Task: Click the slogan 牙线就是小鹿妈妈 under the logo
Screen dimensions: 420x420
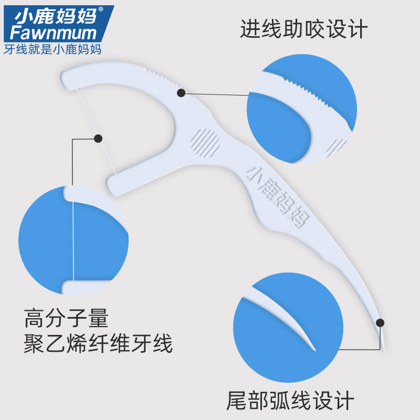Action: coord(52,50)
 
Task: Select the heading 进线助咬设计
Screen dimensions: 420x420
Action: coord(304,29)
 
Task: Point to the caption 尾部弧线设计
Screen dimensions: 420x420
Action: coord(290,401)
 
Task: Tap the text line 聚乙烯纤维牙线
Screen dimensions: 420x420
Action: coord(98,345)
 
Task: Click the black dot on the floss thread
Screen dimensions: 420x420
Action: coord(98,139)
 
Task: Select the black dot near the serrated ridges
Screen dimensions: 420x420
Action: coord(181,93)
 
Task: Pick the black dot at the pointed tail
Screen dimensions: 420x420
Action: coord(380,322)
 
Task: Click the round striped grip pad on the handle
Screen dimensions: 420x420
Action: coord(205,142)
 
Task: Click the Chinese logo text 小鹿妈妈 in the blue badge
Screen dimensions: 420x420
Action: coord(55,16)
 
